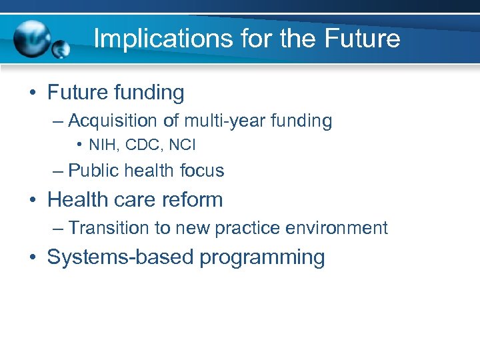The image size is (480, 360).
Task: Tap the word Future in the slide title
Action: tap(363, 39)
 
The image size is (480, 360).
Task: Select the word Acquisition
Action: tap(111, 121)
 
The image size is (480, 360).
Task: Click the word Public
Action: tap(93, 171)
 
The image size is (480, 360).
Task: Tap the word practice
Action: tap(249, 228)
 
